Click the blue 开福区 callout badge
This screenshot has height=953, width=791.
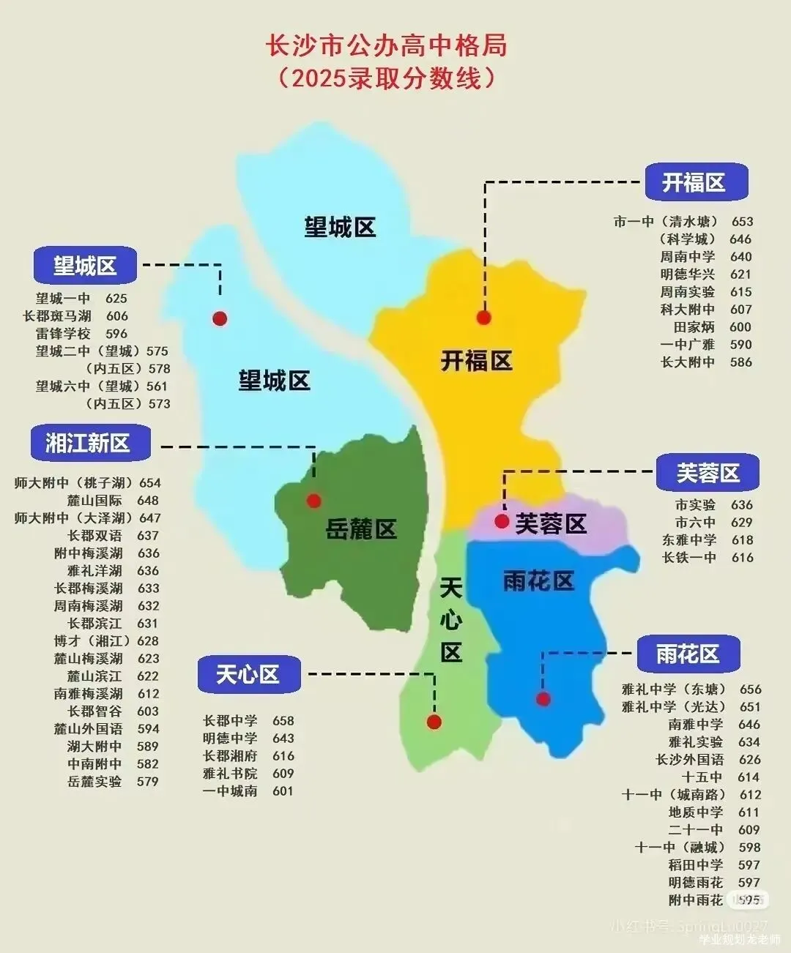[696, 182]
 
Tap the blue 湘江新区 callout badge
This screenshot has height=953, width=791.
[89, 443]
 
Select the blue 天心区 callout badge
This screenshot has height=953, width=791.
[248, 674]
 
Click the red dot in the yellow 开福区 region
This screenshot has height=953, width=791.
[483, 317]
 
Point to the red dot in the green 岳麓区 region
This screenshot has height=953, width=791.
[314, 501]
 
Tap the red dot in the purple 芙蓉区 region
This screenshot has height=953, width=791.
[502, 521]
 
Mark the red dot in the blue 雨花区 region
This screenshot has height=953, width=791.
[543, 699]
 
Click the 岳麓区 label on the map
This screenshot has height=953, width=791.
[361, 528]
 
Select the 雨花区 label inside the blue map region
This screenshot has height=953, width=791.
[538, 581]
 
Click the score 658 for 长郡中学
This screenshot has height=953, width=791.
[283, 721]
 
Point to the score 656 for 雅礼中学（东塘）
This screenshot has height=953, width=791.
[750, 689]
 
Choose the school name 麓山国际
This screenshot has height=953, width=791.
[94, 501]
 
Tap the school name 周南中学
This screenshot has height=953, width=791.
[687, 257]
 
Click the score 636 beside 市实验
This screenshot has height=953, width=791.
[741, 505]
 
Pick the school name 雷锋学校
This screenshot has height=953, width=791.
[63, 334]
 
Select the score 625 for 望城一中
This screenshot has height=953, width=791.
[116, 299]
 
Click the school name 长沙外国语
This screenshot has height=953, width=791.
[689, 760]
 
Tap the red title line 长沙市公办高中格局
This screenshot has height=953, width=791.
[386, 45]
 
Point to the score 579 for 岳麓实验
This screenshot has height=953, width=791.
[147, 782]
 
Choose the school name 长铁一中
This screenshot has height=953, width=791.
[688, 558]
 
